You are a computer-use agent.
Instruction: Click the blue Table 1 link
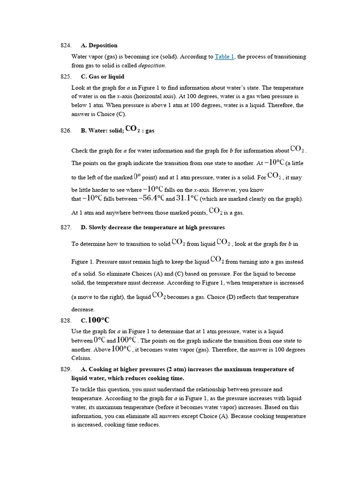coord(225,57)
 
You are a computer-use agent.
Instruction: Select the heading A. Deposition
coord(99,45)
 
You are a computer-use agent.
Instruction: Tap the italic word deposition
coord(151,66)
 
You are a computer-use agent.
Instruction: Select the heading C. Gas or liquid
coord(102,76)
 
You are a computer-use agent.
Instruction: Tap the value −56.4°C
coord(151,198)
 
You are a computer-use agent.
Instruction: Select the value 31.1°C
coord(187,198)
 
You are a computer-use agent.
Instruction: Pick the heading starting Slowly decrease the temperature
coord(152,227)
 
